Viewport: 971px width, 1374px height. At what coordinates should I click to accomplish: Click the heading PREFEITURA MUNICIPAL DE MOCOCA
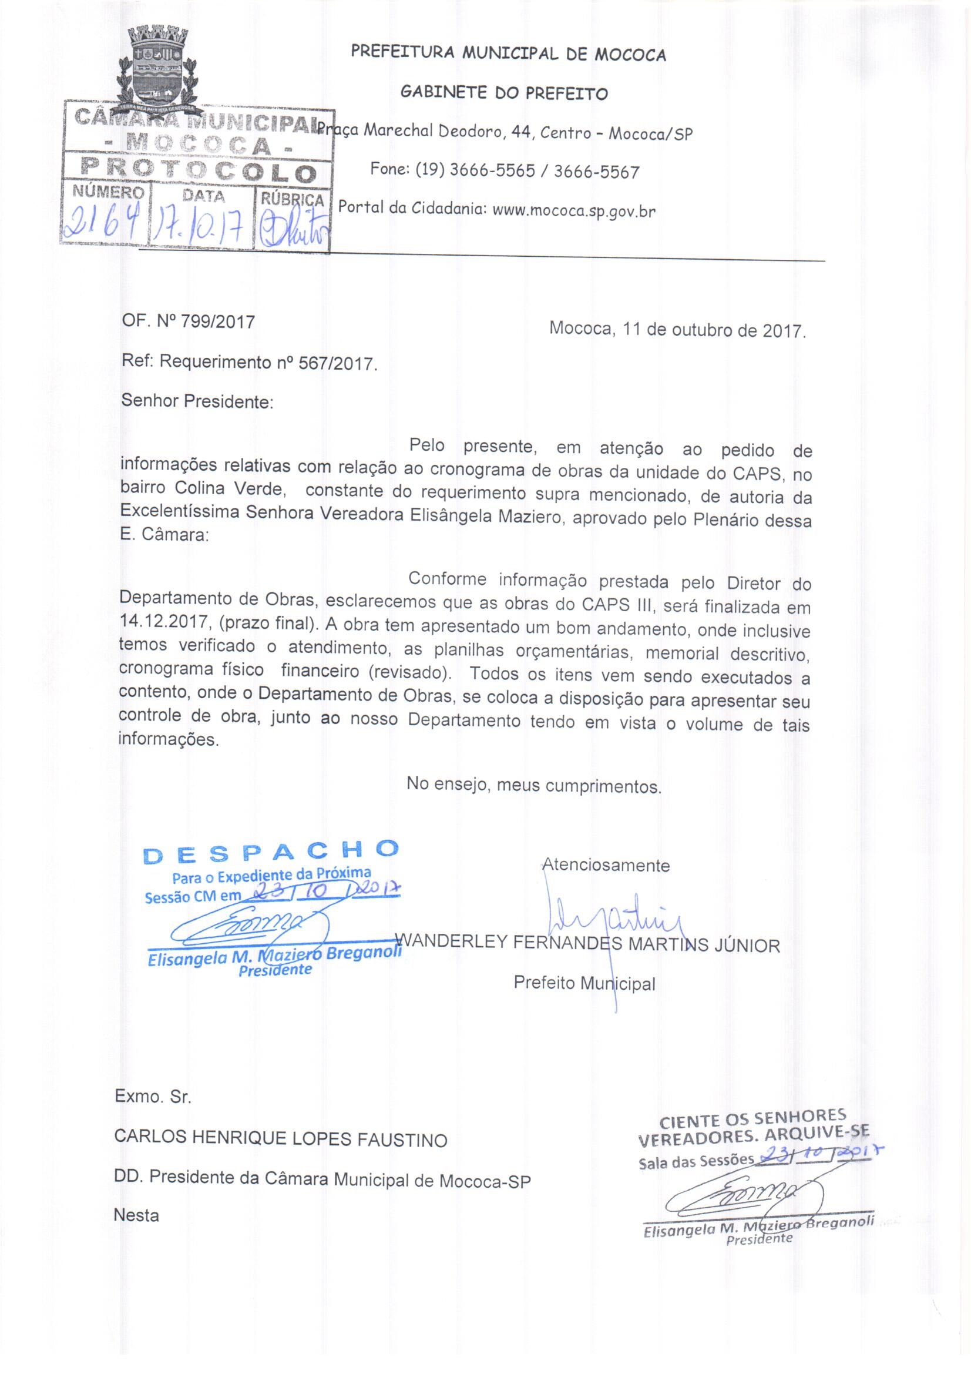pos(508,55)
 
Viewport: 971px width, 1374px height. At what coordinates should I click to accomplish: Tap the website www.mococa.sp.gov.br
pos(573,211)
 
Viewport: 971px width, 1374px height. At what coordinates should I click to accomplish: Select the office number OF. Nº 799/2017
pos(188,322)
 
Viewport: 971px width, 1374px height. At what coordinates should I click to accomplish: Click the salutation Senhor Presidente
pos(197,401)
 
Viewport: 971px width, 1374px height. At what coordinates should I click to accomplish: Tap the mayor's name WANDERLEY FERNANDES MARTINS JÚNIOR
pos(589,945)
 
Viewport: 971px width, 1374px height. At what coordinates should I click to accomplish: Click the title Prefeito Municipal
pos(584,983)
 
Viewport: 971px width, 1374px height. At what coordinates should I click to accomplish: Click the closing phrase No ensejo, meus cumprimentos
pos(533,784)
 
